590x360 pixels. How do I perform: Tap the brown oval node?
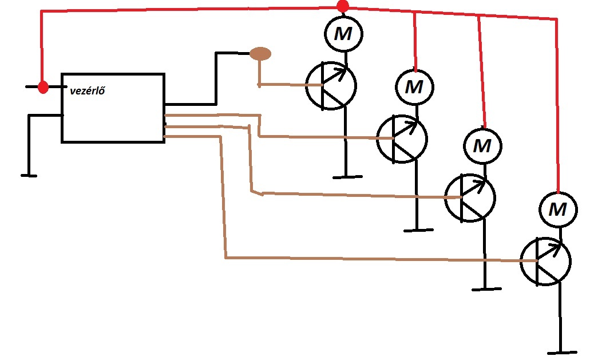click(260, 54)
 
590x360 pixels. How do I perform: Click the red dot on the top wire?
click(342, 6)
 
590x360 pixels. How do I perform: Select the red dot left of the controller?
click(42, 87)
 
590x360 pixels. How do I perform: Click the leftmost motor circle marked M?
click(343, 34)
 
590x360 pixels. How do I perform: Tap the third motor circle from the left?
click(482, 145)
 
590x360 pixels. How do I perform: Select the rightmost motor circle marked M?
click(557, 209)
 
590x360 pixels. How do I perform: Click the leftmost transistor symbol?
click(330, 86)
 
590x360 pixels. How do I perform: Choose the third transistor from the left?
click(470, 198)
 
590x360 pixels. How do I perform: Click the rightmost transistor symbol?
click(545, 261)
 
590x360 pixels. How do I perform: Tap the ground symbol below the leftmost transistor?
click(346, 176)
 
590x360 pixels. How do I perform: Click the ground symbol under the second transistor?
click(418, 230)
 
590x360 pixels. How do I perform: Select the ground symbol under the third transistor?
click(486, 289)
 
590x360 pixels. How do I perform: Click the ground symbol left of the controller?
click(29, 175)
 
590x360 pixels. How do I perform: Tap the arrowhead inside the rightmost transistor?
click(557, 248)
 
